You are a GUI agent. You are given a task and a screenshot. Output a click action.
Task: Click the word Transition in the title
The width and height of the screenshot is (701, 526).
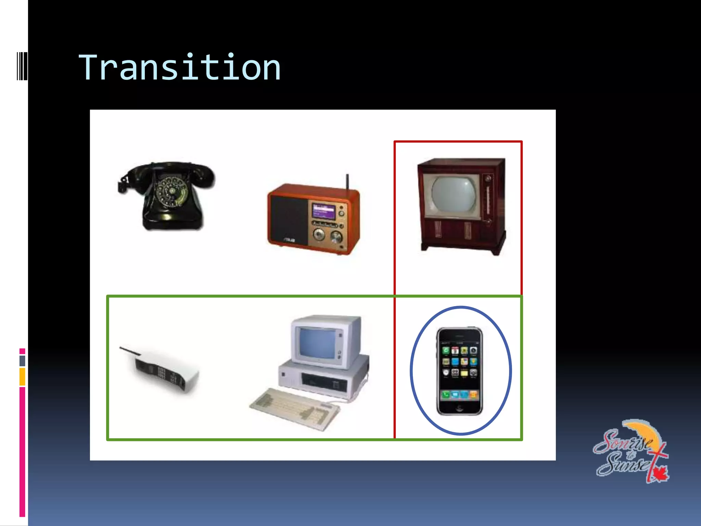tap(180, 68)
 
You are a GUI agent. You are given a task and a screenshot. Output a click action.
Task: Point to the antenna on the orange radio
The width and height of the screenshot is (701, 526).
tap(347, 181)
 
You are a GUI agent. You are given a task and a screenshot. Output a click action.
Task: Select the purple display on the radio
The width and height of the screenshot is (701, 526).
tap(324, 211)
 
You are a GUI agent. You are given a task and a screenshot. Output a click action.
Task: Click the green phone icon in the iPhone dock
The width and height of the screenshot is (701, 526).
tap(446, 395)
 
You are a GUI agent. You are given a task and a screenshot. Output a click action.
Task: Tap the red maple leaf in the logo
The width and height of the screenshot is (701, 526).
tap(659, 474)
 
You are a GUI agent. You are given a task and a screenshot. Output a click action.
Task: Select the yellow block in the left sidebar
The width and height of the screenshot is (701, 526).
tap(22, 377)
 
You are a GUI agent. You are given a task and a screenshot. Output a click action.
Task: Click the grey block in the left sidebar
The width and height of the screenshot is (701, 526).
tap(22, 361)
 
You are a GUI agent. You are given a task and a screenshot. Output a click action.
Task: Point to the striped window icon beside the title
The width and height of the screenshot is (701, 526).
tap(22, 66)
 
